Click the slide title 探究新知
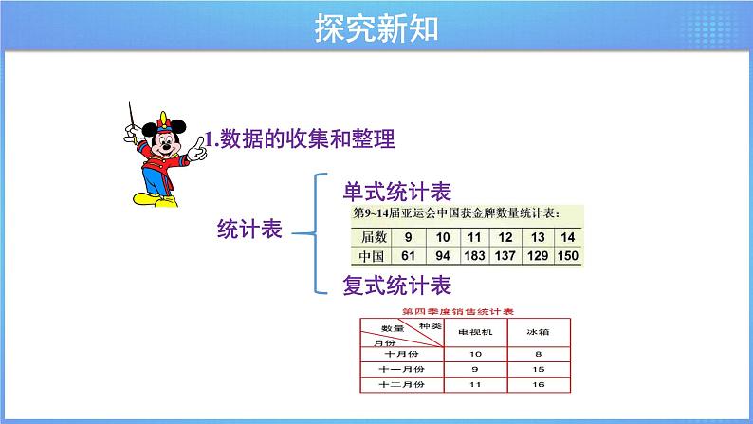tap(376, 28)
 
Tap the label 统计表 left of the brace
tap(250, 230)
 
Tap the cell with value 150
tap(567, 256)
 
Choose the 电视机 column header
tap(475, 332)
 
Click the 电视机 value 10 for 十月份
tap(475, 351)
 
